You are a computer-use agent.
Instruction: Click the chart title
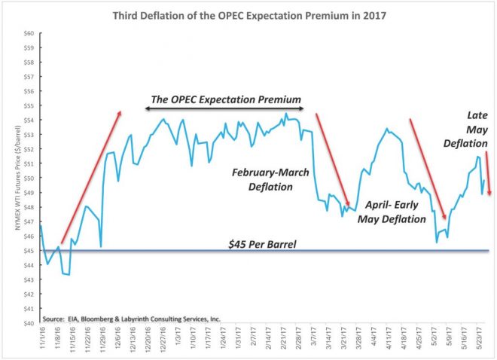pos(249,13)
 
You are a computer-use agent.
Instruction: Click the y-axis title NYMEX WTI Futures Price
pos(10,178)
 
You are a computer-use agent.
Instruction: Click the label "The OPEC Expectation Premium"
pos(225,99)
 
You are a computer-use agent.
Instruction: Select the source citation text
pos(132,319)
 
